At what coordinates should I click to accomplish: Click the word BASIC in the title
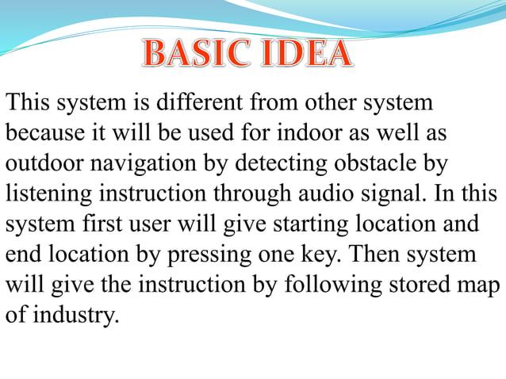click(x=194, y=54)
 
